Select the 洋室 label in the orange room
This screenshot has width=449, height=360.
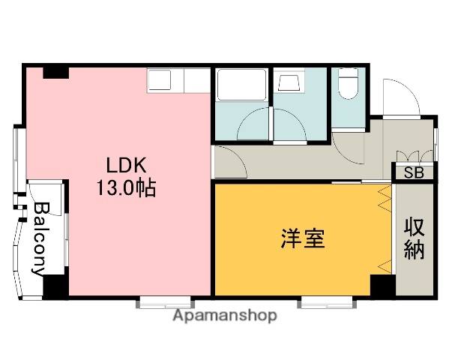[x=303, y=240]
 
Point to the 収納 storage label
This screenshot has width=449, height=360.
[x=415, y=238]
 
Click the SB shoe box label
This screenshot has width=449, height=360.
[x=414, y=172]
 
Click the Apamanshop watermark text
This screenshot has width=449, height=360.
[x=225, y=316]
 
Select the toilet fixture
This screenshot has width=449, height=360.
[x=349, y=85]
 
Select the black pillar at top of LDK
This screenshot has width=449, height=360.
[x=56, y=72]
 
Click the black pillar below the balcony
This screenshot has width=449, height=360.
[x=55, y=286]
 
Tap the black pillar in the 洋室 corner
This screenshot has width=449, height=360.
[x=382, y=285]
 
